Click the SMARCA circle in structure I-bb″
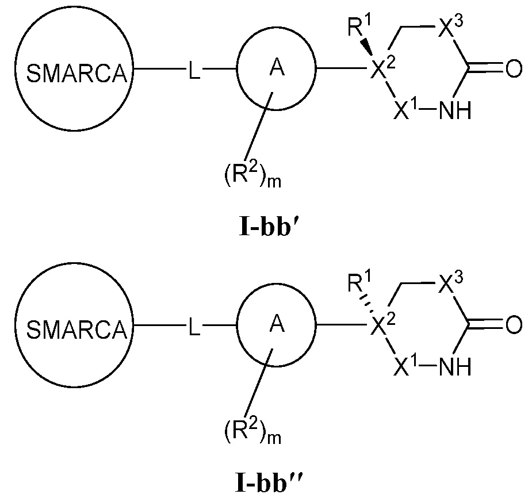74,329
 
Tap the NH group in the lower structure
454,366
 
